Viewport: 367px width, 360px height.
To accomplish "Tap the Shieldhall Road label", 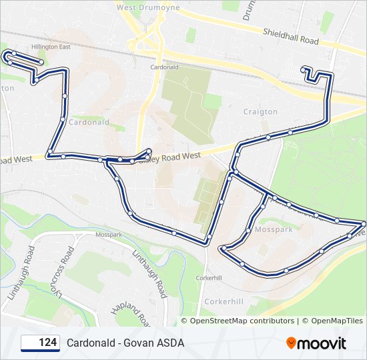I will coord(290,36).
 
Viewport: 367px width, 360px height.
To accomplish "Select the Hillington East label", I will coord(51,47).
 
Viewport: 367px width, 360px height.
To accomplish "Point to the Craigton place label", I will coord(260,112).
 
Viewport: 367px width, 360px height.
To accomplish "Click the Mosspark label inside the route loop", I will coord(274,229).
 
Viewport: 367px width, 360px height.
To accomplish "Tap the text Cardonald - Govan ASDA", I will coord(125,343).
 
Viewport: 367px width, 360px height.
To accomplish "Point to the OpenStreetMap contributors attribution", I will coord(242,321).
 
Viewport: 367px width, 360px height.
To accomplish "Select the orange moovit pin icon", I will coord(292,343).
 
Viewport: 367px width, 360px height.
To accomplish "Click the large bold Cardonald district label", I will coord(89,123).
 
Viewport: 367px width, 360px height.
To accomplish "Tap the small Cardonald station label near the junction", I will coord(163,67).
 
